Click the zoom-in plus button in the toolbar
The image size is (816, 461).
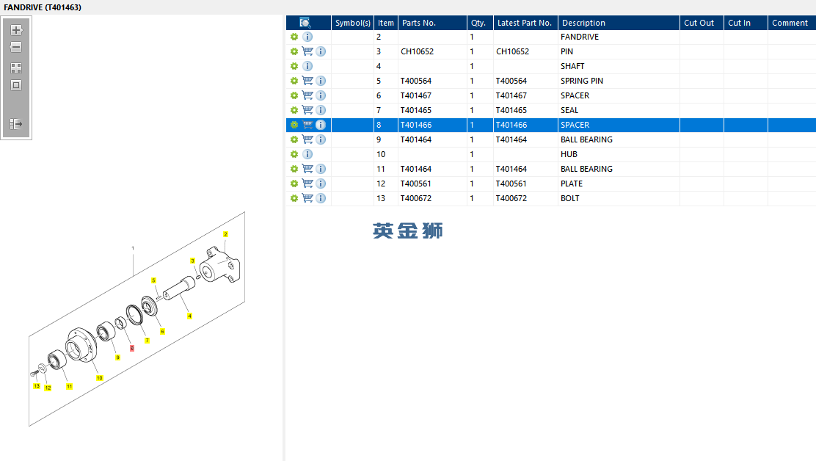tap(16, 30)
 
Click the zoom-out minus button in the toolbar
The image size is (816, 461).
tap(16, 48)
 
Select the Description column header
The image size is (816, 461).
tap(583, 23)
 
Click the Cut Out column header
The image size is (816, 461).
tap(699, 23)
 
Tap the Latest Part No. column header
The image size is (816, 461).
tap(524, 23)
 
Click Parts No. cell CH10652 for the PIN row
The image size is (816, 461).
tap(417, 51)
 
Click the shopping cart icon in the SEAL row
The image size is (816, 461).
tap(307, 110)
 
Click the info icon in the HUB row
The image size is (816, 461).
tap(307, 154)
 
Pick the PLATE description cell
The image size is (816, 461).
tap(572, 184)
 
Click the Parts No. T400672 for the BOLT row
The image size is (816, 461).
tap(416, 198)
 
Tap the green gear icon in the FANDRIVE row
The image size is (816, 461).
tap(294, 37)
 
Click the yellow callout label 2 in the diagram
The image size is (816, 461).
tap(225, 234)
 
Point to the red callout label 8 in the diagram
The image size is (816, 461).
tap(132, 348)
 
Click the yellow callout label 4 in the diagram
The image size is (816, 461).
tap(189, 316)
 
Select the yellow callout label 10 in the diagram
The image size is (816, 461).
tap(99, 378)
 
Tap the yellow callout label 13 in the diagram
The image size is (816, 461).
tap(37, 386)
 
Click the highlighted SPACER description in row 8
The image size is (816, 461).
tap(575, 125)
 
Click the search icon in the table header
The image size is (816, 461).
tap(305, 22)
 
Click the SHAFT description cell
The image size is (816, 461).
tap(572, 66)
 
